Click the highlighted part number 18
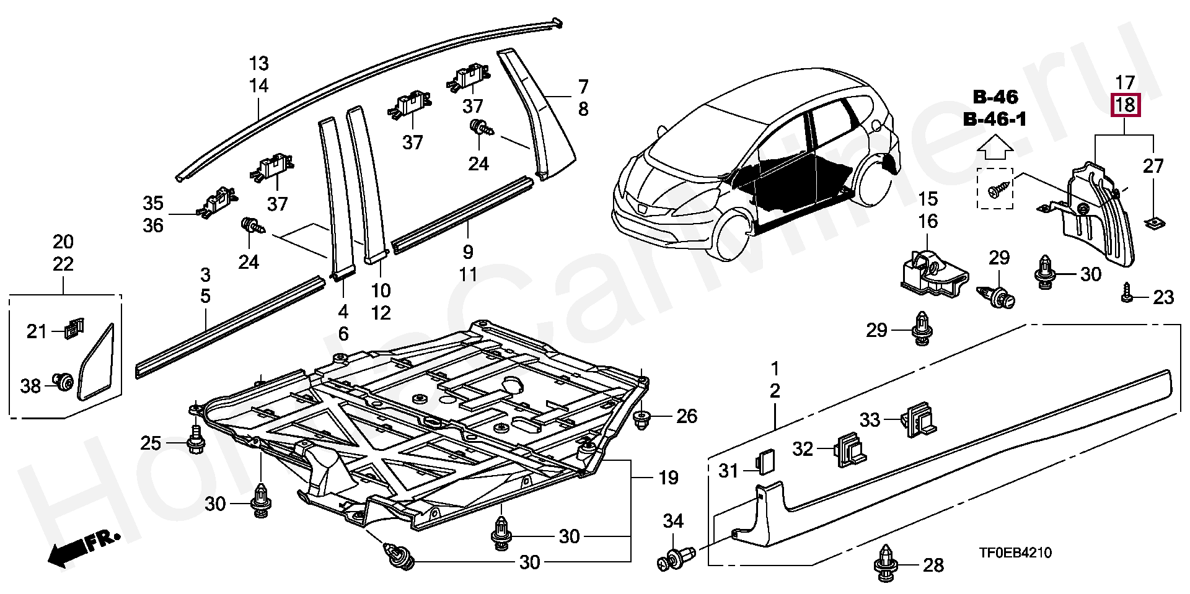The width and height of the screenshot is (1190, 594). (x=1125, y=105)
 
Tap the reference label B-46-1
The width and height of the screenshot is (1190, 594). (x=995, y=119)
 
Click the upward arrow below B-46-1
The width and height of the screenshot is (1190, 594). (x=995, y=147)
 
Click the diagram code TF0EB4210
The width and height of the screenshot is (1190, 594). (x=1015, y=553)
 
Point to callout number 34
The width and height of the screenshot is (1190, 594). (x=673, y=521)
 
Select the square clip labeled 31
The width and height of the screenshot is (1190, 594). (x=762, y=461)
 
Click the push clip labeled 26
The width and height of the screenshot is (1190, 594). (x=643, y=418)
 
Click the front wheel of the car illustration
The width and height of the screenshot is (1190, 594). (x=731, y=234)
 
